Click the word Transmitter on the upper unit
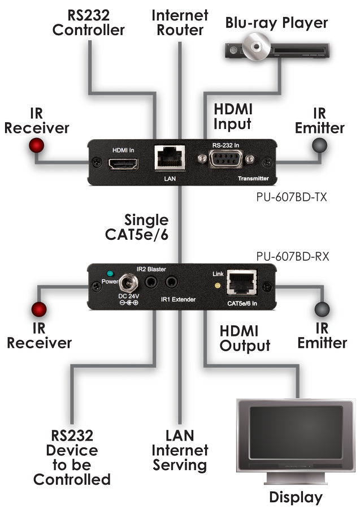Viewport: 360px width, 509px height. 253,179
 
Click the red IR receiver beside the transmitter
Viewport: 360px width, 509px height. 37,146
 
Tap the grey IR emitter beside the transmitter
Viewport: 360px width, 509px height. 320,146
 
